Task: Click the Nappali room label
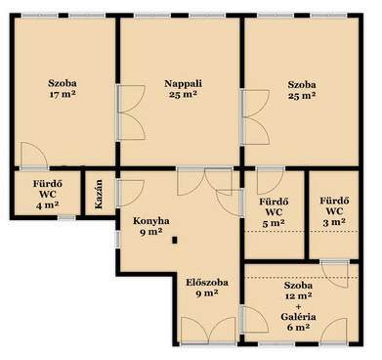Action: click(x=183, y=83)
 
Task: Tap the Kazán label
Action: click(x=99, y=194)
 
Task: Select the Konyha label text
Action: click(x=150, y=221)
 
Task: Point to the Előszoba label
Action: click(x=207, y=283)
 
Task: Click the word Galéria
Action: click(x=299, y=317)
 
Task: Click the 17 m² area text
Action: click(x=63, y=94)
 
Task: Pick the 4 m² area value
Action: click(x=48, y=205)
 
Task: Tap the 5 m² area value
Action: click(x=274, y=223)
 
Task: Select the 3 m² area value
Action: click(x=334, y=222)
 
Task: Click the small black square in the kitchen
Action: click(x=175, y=241)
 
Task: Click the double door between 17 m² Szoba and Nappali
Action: click(x=130, y=112)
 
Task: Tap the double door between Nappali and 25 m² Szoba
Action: click(x=255, y=116)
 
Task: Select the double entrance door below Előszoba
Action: click(x=208, y=330)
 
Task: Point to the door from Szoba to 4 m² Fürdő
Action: click(x=34, y=156)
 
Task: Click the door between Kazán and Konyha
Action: click(x=130, y=193)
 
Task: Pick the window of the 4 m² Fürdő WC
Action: click(x=66, y=217)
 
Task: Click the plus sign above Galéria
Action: click(x=298, y=306)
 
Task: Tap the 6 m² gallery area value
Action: click(x=298, y=327)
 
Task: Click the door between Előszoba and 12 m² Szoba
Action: click(x=254, y=320)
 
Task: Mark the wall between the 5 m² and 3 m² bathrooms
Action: click(x=307, y=214)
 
